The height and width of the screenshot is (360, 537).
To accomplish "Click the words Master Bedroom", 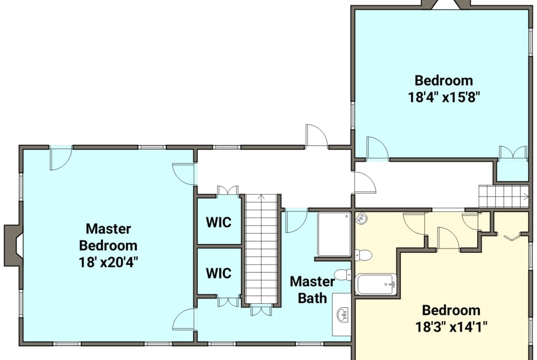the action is point(108,237).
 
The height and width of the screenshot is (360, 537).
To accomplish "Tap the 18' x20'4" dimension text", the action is point(108,262).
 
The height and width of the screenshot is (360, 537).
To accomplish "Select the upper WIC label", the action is point(218,222).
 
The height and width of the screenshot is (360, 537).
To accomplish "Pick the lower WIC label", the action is point(218,273).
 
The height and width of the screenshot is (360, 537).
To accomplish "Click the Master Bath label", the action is point(313,289).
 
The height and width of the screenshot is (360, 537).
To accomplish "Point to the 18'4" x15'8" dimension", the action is point(443,97).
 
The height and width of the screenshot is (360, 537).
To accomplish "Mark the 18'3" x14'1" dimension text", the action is point(451,327).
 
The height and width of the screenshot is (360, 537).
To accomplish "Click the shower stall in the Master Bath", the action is point(334,234).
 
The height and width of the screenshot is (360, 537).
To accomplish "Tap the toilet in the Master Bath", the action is point(342,275).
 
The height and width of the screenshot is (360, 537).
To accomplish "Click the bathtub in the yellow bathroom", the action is point(376,284).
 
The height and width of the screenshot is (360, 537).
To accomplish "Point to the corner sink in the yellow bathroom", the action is point(362,218).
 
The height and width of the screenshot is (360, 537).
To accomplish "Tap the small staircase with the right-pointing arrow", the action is point(503,196).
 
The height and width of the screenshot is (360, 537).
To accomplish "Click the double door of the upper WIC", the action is point(228,191).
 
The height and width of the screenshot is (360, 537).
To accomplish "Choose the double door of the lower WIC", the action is point(228,302).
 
